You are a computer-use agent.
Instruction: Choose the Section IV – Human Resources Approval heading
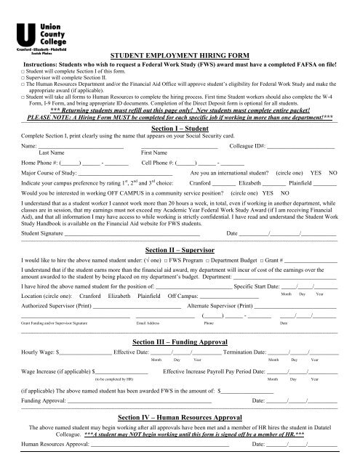point(179,418)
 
